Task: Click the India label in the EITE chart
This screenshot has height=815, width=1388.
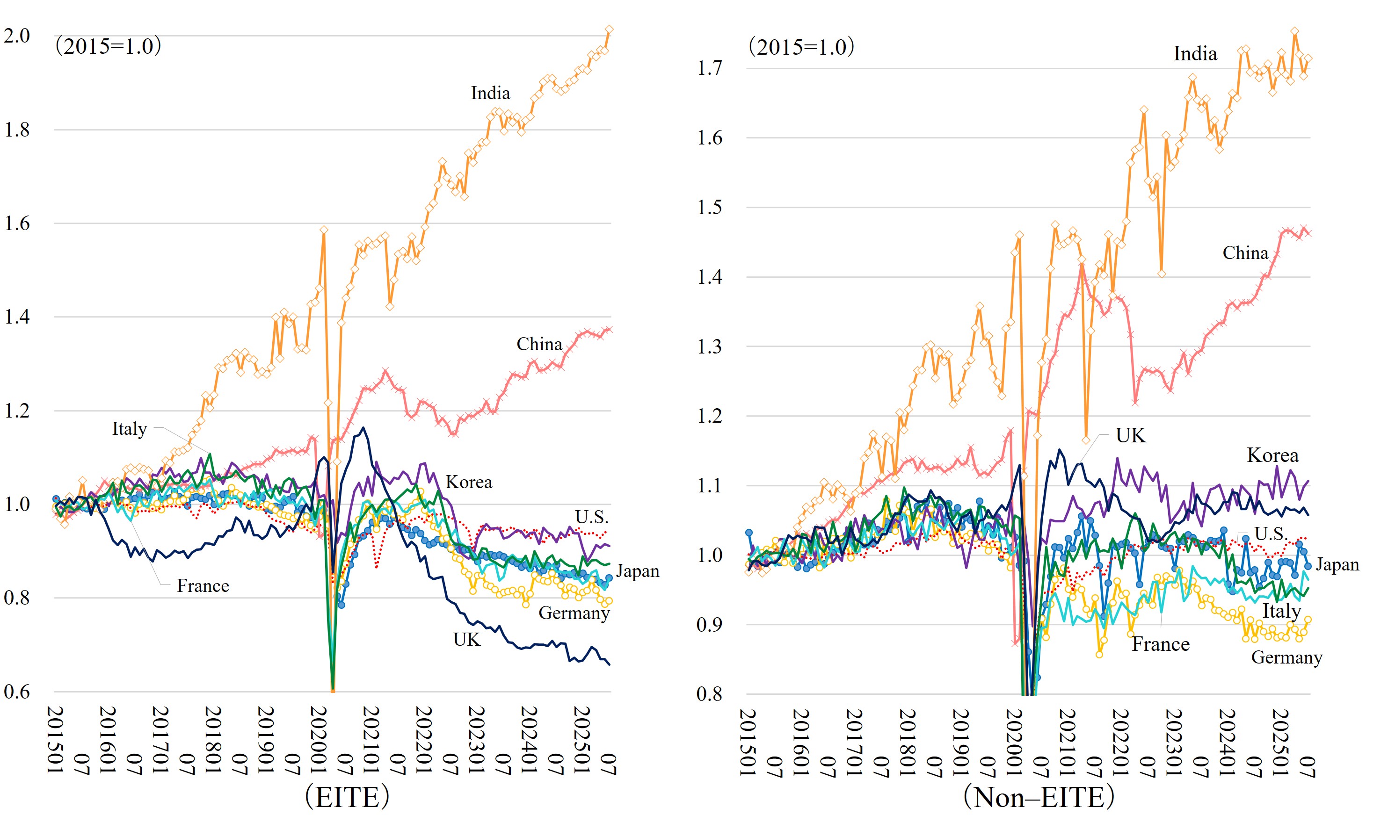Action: coord(490,93)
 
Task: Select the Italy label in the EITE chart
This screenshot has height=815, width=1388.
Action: coord(130,428)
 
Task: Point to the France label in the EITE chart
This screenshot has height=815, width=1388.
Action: coord(203,585)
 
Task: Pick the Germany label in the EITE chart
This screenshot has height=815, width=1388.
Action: coord(574,613)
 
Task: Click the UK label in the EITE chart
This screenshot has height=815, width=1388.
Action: coord(466,639)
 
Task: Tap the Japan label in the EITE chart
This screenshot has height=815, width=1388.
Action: coord(637,570)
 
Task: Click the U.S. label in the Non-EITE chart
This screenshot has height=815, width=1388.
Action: coord(1271,533)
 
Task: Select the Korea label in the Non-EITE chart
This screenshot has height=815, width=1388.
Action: coord(1272,455)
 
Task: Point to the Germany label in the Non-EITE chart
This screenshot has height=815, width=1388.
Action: coord(1286,657)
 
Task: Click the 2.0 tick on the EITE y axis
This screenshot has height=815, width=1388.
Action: coord(17,36)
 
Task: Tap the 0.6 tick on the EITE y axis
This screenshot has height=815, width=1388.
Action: coord(17,691)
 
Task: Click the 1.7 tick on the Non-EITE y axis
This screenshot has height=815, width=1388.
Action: coord(709,68)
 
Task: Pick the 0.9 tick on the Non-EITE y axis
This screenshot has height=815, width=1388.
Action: coord(709,625)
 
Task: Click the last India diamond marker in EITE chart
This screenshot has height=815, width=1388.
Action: coord(609,29)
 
